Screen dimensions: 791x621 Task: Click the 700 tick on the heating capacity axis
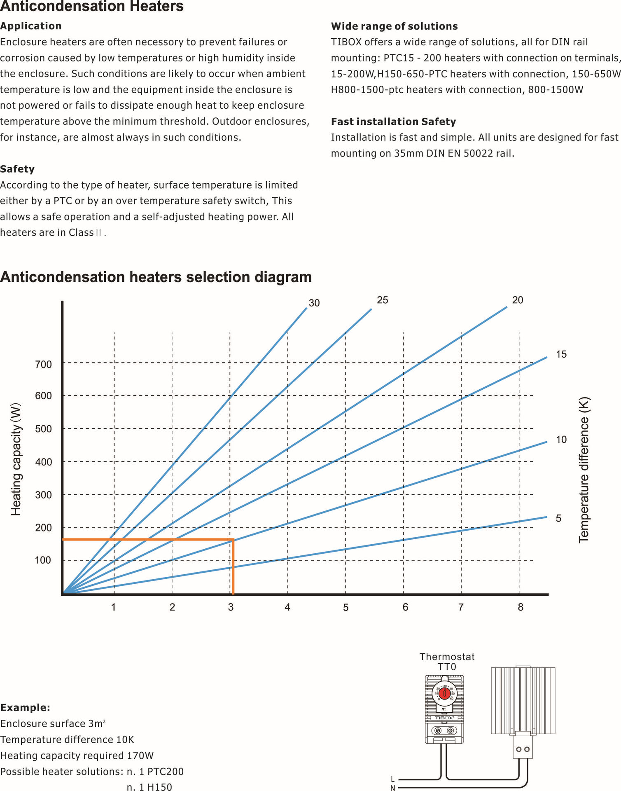43,364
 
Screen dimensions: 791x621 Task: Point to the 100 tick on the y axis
43,560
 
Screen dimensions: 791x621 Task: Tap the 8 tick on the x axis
521,607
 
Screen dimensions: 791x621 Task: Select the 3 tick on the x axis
231,607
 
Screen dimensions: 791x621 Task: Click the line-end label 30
314,303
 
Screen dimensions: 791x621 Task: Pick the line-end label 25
383,300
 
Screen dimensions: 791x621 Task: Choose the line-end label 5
558,518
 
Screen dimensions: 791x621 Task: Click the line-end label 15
561,354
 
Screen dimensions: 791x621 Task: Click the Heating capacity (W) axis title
16,459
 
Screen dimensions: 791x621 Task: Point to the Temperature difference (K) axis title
584,470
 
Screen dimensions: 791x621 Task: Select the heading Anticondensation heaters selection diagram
156,277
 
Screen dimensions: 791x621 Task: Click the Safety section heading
17,169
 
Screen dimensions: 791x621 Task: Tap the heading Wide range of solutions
394,26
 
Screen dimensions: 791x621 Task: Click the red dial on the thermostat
444,693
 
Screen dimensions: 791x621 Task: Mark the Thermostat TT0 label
447,662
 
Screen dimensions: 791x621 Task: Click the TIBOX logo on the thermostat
444,718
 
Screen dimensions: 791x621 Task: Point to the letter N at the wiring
392,788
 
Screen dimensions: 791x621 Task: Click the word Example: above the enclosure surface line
25,708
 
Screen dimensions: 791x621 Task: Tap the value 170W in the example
140,756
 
